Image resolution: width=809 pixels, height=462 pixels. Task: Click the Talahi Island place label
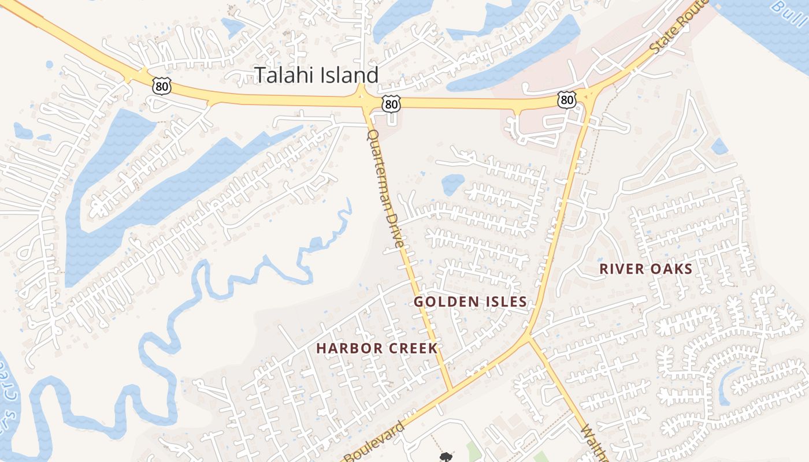coord(317,75)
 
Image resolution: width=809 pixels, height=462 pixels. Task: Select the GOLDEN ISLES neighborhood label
coord(470,301)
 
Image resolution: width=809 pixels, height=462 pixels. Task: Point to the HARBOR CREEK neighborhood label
coord(377,348)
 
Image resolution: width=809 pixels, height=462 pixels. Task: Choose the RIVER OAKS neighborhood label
coord(645,269)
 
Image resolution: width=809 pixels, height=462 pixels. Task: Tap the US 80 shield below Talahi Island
coord(391,104)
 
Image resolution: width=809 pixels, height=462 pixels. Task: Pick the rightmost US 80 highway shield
coord(567,100)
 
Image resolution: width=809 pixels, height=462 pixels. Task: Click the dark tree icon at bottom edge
coord(446,457)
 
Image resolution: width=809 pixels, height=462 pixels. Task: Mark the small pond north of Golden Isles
coord(452,184)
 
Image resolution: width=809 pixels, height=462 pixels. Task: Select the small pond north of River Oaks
coord(719,147)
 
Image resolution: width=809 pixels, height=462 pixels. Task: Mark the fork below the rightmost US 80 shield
coord(589,98)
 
